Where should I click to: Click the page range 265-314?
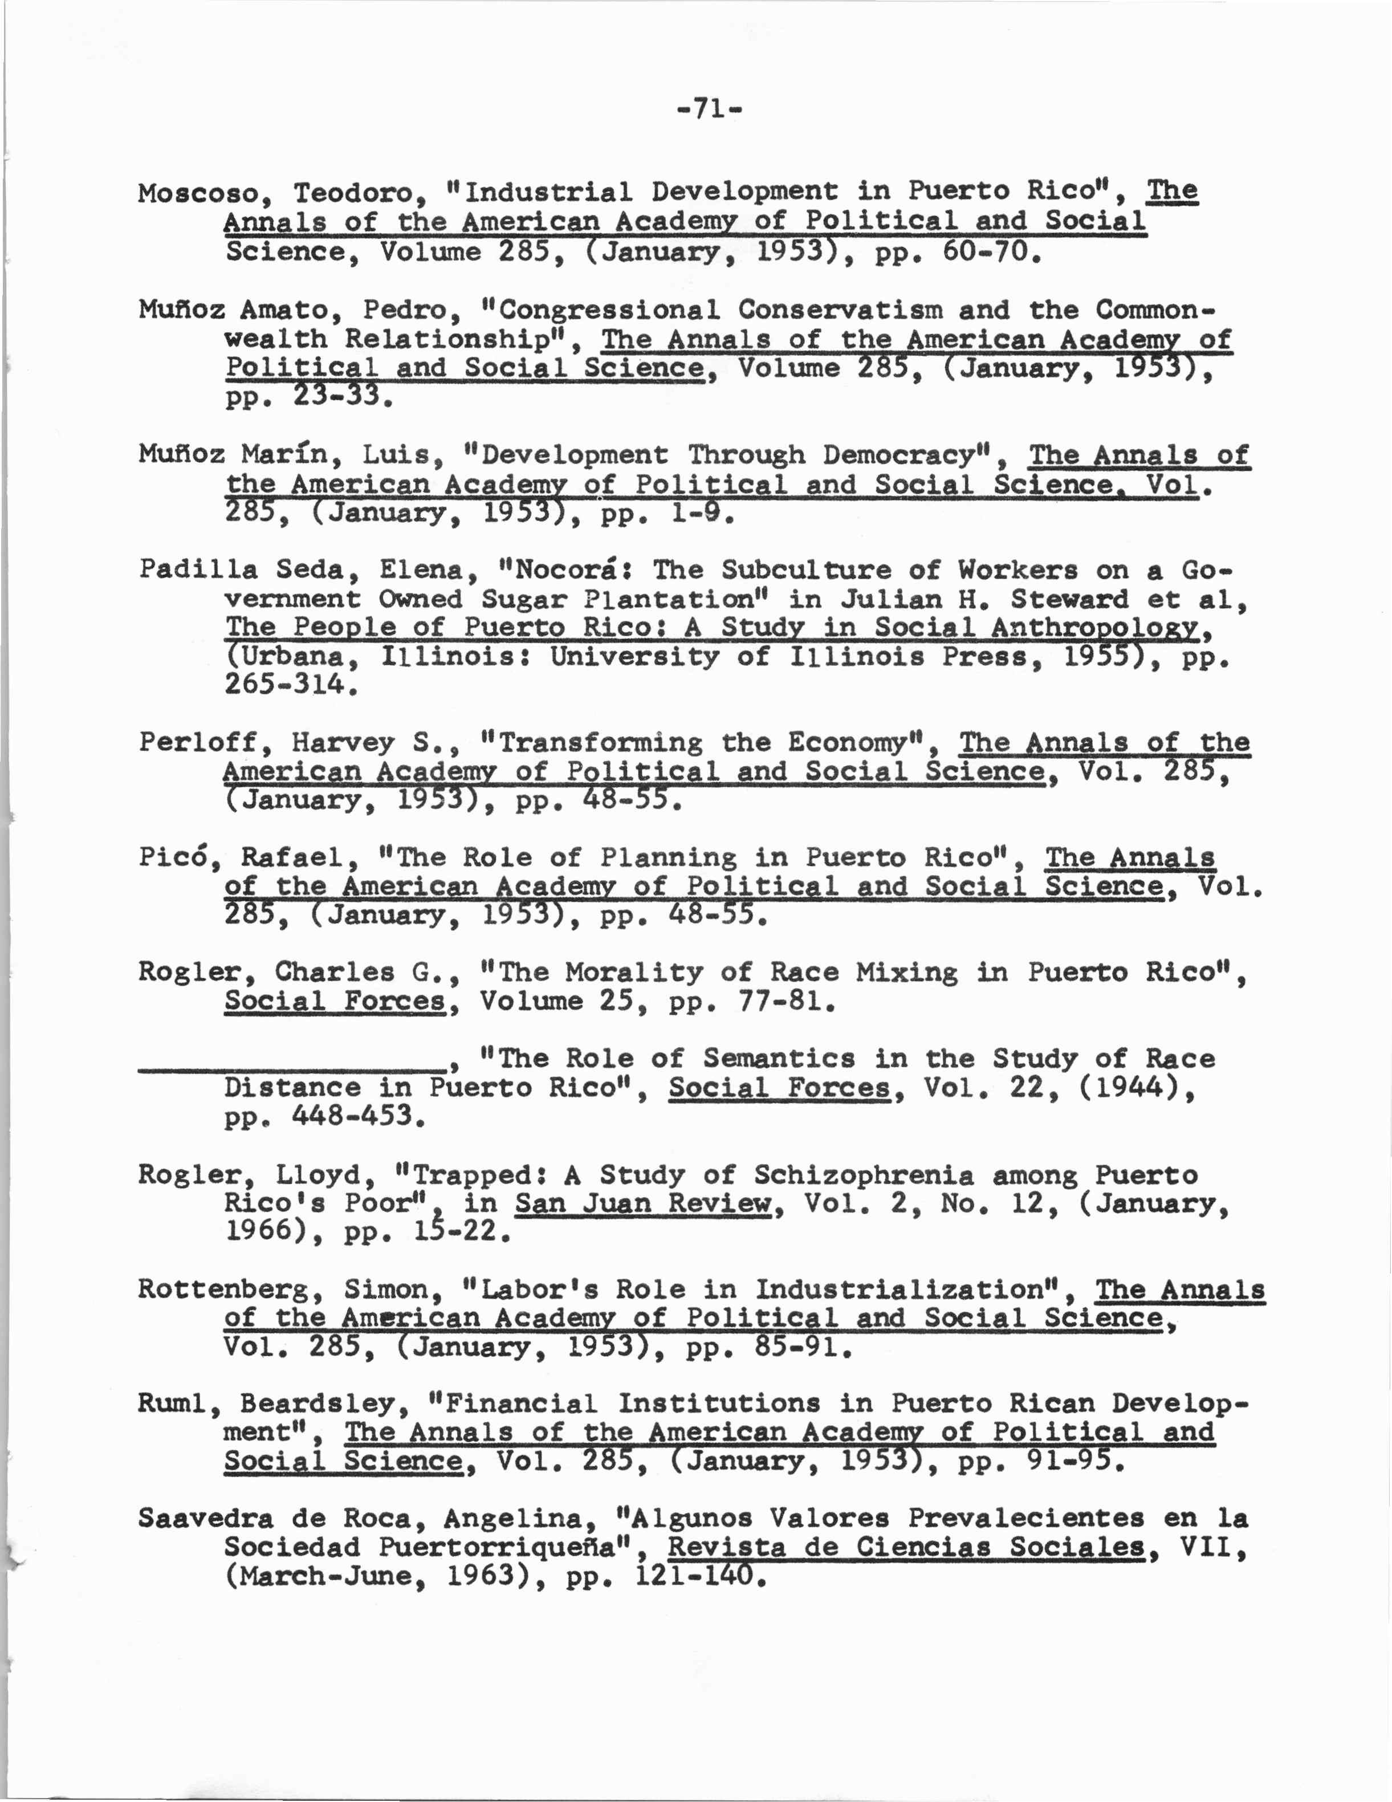290,685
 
